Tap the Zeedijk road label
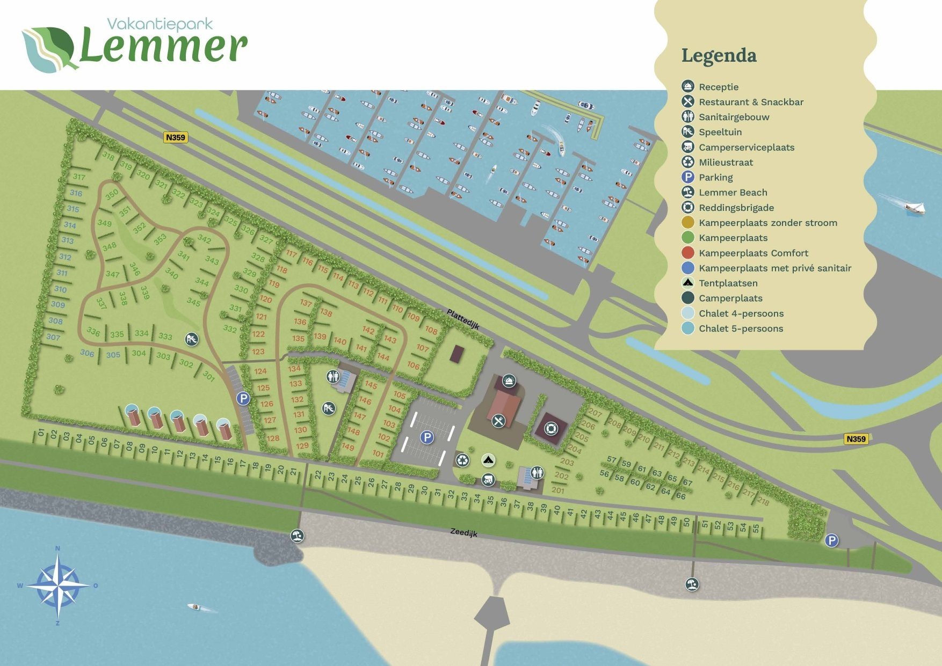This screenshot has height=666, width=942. click(463, 532)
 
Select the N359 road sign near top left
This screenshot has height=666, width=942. click(176, 137)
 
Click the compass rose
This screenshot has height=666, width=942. click(58, 586)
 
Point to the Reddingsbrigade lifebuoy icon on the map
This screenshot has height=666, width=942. click(551, 429)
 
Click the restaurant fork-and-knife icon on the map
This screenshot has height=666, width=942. click(499, 421)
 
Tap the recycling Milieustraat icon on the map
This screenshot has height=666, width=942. click(462, 460)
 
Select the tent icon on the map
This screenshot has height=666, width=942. click(488, 460)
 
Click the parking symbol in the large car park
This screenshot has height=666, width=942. click(427, 437)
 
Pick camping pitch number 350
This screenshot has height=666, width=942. click(112, 195)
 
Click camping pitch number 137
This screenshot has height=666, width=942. click(306, 303)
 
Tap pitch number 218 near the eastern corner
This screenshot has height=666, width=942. click(763, 502)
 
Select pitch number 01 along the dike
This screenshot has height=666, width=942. click(41, 433)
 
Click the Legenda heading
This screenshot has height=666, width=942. click(719, 55)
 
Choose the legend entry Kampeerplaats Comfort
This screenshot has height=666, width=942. click(753, 253)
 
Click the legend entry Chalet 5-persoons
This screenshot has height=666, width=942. click(741, 328)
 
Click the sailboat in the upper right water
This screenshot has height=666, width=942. click(915, 208)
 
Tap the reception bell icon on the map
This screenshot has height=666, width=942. click(509, 381)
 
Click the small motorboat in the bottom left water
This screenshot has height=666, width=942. click(194, 607)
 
